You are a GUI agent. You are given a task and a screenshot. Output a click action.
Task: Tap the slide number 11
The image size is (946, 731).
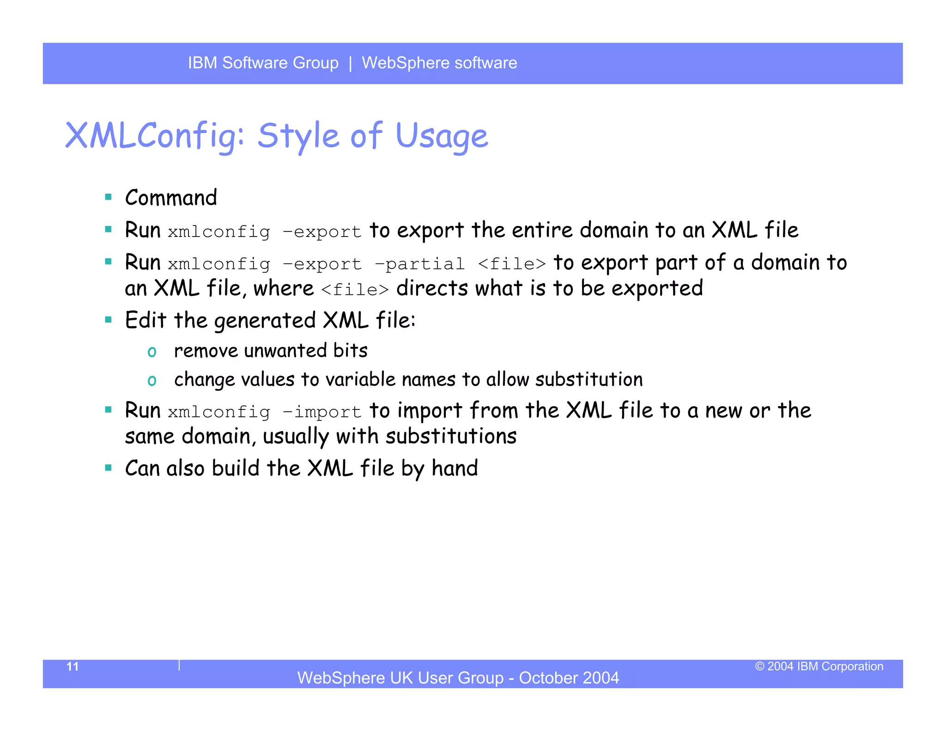point(73,666)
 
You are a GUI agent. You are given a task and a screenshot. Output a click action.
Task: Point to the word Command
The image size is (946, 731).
point(171,198)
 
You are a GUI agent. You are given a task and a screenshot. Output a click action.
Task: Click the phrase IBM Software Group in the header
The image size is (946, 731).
point(263,63)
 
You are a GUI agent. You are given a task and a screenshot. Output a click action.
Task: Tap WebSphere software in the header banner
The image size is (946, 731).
point(439,63)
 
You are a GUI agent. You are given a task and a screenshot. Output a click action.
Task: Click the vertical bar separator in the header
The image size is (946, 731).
point(351,63)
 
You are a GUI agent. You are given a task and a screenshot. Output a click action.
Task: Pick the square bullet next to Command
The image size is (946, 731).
point(109,197)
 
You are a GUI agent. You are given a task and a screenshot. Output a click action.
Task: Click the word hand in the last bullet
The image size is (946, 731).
point(455,468)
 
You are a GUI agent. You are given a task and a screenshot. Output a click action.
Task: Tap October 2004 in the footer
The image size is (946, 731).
point(569,678)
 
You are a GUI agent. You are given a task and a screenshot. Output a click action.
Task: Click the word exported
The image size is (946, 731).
point(657,288)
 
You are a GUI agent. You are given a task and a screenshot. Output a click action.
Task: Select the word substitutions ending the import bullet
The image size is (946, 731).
point(451,436)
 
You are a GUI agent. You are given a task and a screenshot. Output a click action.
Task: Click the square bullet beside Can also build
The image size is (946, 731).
point(109,468)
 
